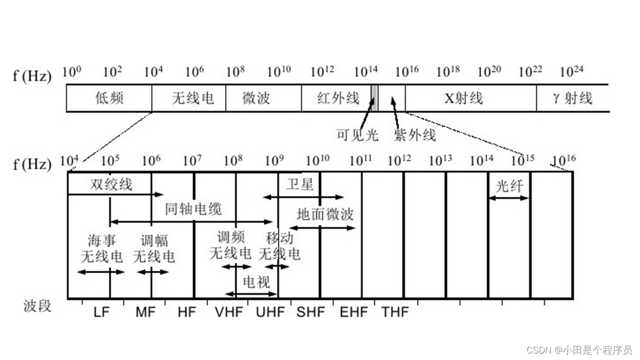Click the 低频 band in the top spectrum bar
[x=109, y=98]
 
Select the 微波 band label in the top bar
[x=256, y=98]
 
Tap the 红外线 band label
[x=338, y=98]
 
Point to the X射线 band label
[x=463, y=98]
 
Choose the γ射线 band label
[x=572, y=98]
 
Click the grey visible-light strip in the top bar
[x=374, y=97]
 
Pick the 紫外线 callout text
[x=415, y=135]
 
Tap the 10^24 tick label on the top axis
[x=571, y=72]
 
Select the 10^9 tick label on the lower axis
[x=274, y=160]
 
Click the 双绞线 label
[x=111, y=184]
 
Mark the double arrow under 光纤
[x=508, y=198]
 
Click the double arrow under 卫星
[x=303, y=197]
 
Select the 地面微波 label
[x=325, y=214]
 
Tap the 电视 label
[x=256, y=282]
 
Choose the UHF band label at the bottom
[x=270, y=312]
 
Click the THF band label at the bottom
[x=395, y=312]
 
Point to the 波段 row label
[x=37, y=305]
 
